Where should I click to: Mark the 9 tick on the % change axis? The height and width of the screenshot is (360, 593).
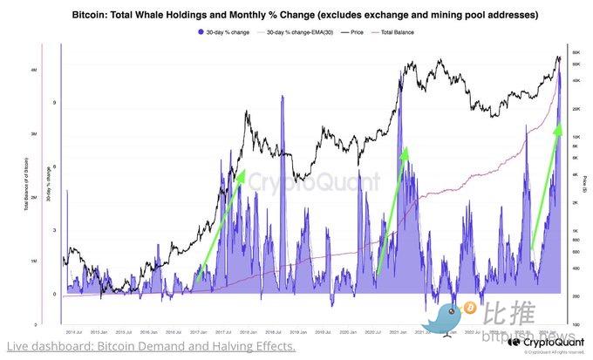coord(53,103)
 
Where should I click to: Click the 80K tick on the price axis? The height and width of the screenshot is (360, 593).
coord(576,53)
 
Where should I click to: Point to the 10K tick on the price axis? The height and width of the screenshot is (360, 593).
coord(576,138)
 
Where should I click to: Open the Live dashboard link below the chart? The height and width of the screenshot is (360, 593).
coord(149,347)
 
